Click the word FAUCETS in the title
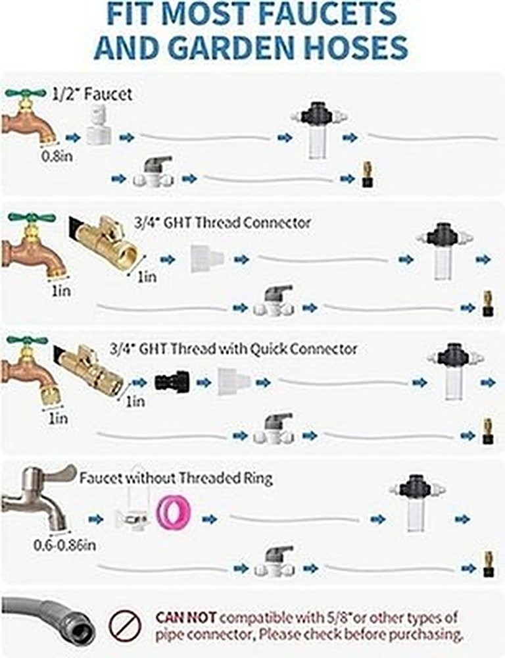tap(327, 13)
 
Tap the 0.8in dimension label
tap(57, 157)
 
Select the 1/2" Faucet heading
tap(92, 93)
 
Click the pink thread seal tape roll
tap(173, 512)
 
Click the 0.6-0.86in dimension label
tap(64, 545)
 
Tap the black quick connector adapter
tap(172, 381)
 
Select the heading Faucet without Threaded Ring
tap(176, 478)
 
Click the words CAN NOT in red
tap(186, 617)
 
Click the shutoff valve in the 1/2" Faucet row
tap(153, 171)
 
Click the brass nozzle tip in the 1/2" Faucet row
tap(368, 174)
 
